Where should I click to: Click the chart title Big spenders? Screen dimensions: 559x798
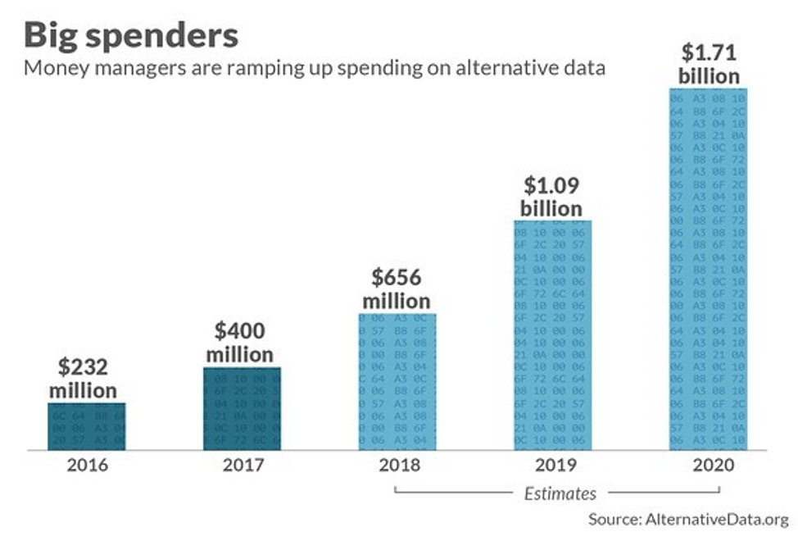pos(131,35)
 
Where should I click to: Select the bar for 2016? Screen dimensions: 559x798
pos(86,426)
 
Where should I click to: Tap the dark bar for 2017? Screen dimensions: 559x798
pos(242,408)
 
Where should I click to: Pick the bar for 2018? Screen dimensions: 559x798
pos(397,381)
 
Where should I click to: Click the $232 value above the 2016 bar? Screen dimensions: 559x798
pos(83,366)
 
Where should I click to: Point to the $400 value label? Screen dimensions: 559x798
pos(239,331)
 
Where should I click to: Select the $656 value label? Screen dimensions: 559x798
pos(397,277)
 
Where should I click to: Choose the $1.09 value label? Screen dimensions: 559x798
pos(551,184)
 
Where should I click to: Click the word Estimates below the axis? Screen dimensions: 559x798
pos(560,493)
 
